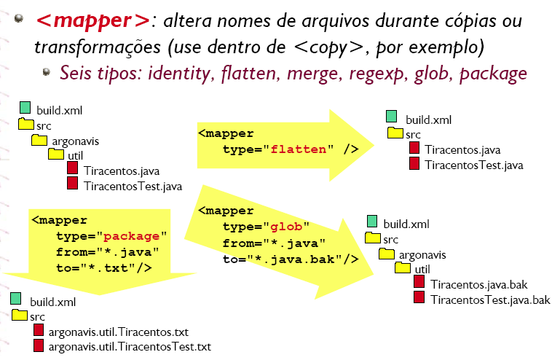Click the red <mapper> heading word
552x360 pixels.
[93, 20]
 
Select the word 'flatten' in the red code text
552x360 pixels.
[299, 149]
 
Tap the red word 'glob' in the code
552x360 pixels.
[286, 227]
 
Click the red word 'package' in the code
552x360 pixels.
[131, 236]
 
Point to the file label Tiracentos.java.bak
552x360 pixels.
[478, 284]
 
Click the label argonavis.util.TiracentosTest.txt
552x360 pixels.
[130, 347]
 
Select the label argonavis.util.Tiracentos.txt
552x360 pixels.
[118, 332]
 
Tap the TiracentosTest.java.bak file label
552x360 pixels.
[490, 300]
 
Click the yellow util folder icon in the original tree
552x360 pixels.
[56, 154]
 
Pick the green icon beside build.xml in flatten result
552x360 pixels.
[392, 117]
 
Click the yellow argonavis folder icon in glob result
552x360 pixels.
[387, 254]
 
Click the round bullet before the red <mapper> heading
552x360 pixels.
[19, 18]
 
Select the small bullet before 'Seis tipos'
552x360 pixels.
[46, 72]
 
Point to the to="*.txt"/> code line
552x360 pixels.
[104, 268]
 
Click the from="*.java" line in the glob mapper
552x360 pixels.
[274, 243]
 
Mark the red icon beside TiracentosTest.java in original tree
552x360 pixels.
[73, 183]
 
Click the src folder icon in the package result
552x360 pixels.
[20, 315]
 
